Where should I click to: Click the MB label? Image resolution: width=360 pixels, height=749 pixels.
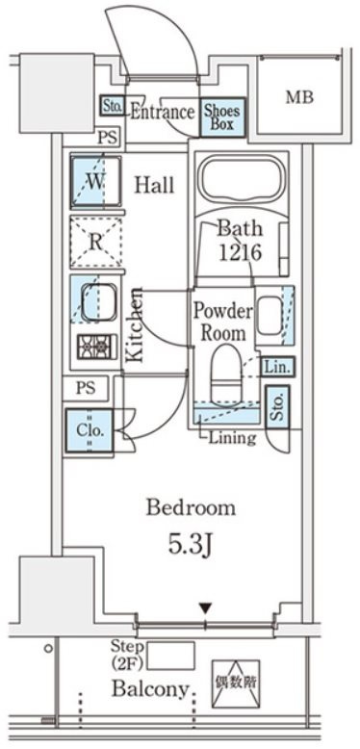click(x=299, y=97)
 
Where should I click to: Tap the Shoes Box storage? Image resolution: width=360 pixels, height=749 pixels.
click(x=222, y=118)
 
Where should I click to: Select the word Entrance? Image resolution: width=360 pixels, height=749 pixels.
click(x=163, y=113)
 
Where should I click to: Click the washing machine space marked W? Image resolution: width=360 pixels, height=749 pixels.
click(x=95, y=181)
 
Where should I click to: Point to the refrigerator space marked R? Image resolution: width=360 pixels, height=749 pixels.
click(x=96, y=242)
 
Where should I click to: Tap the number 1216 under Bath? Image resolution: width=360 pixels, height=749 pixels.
click(x=240, y=252)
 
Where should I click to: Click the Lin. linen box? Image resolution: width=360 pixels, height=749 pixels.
click(x=277, y=367)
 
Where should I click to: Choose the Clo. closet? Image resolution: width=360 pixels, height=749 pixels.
click(x=90, y=431)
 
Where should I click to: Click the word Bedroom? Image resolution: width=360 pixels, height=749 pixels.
click(x=191, y=507)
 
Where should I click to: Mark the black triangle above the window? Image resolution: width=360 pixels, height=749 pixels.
click(x=205, y=608)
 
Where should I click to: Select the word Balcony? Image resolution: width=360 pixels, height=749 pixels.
click(x=150, y=688)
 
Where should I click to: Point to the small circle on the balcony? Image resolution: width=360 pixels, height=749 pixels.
click(x=48, y=648)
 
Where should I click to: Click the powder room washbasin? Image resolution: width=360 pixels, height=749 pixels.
click(x=270, y=315)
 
